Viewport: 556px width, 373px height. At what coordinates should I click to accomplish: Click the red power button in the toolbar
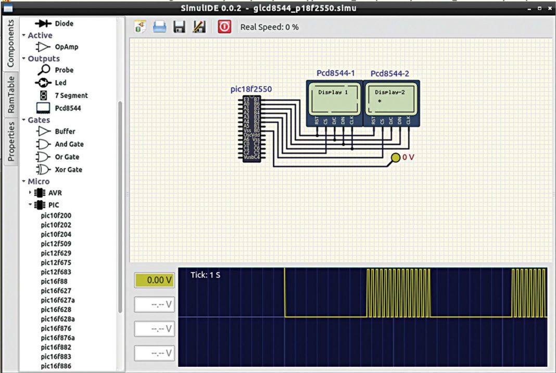point(224,27)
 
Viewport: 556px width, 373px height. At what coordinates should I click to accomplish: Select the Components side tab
point(10,44)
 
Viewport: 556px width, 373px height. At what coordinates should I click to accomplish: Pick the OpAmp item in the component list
point(66,47)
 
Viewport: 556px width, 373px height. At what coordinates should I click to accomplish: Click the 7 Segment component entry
point(71,96)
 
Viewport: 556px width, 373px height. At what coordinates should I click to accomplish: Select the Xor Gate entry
point(68,170)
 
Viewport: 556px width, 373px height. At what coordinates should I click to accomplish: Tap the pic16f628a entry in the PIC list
point(58,319)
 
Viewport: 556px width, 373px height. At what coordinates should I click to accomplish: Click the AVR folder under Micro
point(55,193)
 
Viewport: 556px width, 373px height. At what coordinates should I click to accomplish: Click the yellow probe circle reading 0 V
point(396,157)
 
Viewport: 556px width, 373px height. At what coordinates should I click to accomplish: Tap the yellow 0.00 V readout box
point(154,280)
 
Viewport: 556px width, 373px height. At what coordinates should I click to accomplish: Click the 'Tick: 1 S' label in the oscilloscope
point(205,275)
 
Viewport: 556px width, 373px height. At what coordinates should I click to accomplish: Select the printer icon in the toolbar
point(159,27)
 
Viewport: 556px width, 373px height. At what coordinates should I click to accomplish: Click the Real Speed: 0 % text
point(269,27)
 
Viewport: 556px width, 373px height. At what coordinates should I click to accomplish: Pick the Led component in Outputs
point(60,83)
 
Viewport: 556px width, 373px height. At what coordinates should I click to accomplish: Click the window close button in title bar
point(549,9)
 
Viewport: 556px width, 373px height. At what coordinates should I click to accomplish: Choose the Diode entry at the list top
point(64,23)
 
